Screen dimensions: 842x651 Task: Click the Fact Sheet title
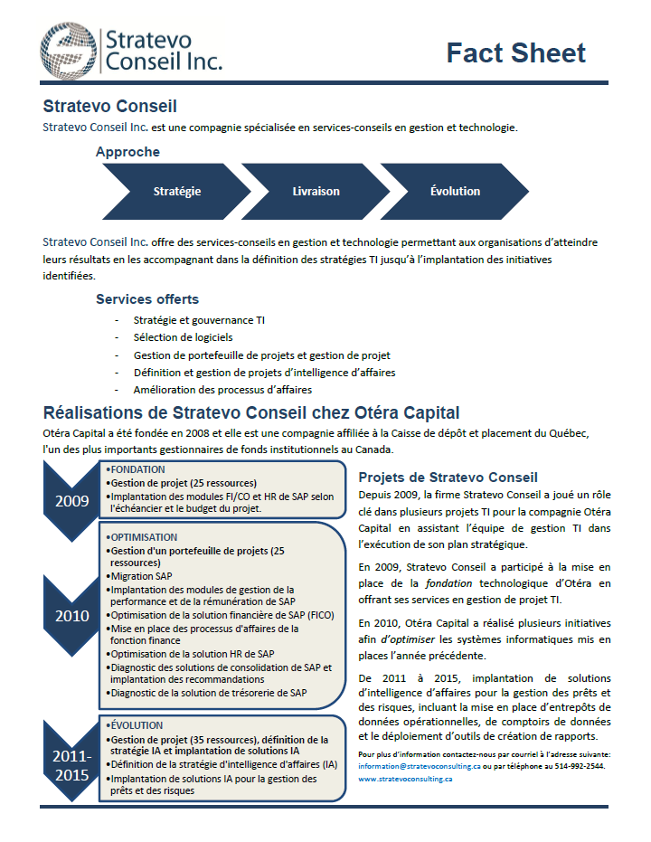pyautogui.click(x=516, y=52)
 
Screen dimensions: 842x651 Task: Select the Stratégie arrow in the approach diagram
pyautogui.click(x=177, y=192)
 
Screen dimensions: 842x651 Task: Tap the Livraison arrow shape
pyautogui.click(x=316, y=192)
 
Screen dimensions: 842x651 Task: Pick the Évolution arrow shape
pyautogui.click(x=455, y=192)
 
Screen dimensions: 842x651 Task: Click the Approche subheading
pyautogui.click(x=127, y=152)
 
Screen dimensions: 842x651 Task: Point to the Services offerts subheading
pyautogui.click(x=147, y=299)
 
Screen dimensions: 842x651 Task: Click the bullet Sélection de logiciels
pyautogui.click(x=183, y=337)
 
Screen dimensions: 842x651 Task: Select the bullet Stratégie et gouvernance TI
pyautogui.click(x=199, y=320)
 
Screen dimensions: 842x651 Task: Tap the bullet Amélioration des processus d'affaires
pyautogui.click(x=222, y=390)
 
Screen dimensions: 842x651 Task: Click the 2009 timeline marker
pyautogui.click(x=71, y=500)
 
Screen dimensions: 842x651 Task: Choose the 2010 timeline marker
pyautogui.click(x=71, y=616)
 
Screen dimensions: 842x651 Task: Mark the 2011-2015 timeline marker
pyautogui.click(x=71, y=764)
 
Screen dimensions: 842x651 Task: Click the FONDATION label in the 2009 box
pyautogui.click(x=137, y=469)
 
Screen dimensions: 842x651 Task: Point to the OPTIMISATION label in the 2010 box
pyautogui.click(x=143, y=537)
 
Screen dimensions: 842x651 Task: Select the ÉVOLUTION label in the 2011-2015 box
pyautogui.click(x=137, y=725)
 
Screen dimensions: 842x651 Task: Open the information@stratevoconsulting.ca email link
pyautogui.click(x=419, y=766)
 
